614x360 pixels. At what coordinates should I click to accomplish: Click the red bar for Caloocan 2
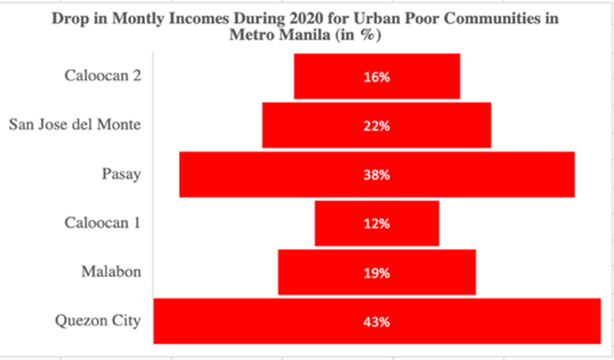pyautogui.click(x=334, y=77)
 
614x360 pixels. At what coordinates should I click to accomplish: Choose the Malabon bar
pyautogui.click(x=319, y=272)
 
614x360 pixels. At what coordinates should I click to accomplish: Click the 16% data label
pyautogui.click(x=376, y=77)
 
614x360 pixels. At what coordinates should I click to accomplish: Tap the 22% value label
pyautogui.click(x=376, y=125)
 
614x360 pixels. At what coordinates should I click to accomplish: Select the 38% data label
pyautogui.click(x=376, y=175)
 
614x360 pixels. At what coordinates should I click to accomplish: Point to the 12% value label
pyautogui.click(x=376, y=223)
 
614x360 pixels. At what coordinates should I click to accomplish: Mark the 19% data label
pyautogui.click(x=376, y=272)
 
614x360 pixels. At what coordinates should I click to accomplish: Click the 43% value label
pyautogui.click(x=376, y=321)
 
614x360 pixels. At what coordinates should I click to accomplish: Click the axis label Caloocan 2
pyautogui.click(x=102, y=75)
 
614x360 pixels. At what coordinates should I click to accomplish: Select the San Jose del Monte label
pyautogui.click(x=74, y=125)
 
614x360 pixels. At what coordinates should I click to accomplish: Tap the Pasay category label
pyautogui.click(x=121, y=174)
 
